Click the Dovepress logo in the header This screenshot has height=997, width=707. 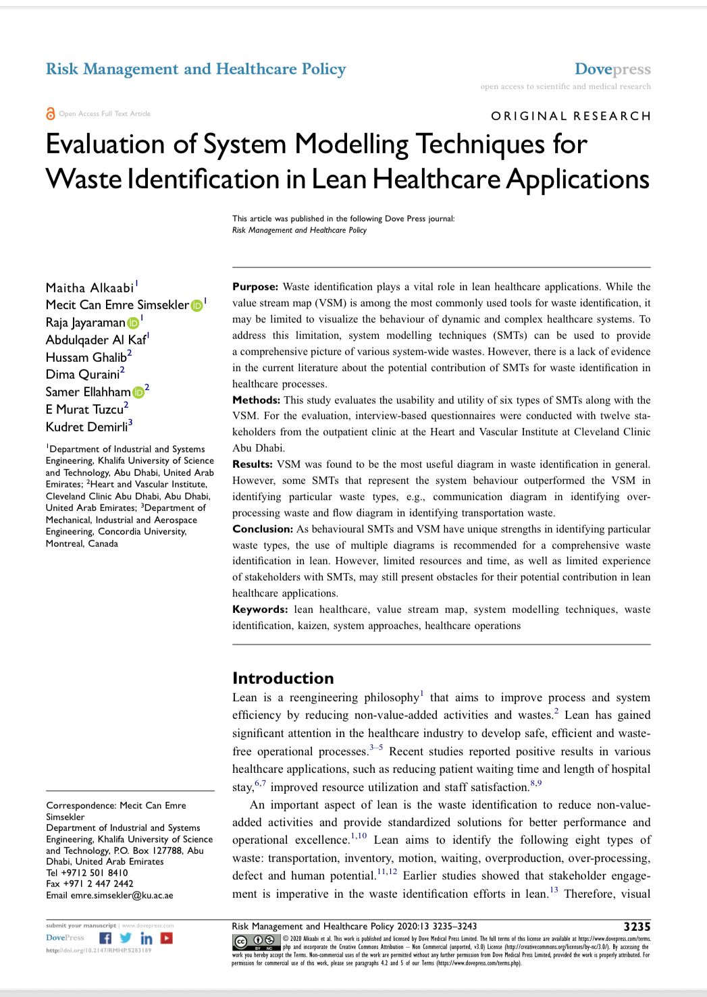pos(612,69)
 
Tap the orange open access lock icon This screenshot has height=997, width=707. pos(50,113)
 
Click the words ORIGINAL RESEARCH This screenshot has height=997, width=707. pos(571,116)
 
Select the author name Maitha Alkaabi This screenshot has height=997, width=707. pos(90,288)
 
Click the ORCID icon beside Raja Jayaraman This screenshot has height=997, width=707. pos(134,323)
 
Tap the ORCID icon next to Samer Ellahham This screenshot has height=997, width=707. pos(138,392)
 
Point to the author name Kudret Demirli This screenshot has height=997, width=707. pos(86,427)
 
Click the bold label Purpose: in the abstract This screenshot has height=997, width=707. pos(255,287)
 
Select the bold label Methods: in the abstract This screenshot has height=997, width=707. pos(256,400)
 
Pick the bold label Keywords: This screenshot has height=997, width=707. pos(260,610)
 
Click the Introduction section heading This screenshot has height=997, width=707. pos(283,678)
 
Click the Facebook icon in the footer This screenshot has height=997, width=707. pos(105,938)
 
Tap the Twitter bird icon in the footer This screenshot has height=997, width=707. pos(126,938)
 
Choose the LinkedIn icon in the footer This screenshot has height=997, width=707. pos(146,938)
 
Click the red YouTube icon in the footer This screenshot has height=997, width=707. pos(166,938)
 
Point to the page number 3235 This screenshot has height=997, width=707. pos(637,927)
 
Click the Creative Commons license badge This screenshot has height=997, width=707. pos(256,942)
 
